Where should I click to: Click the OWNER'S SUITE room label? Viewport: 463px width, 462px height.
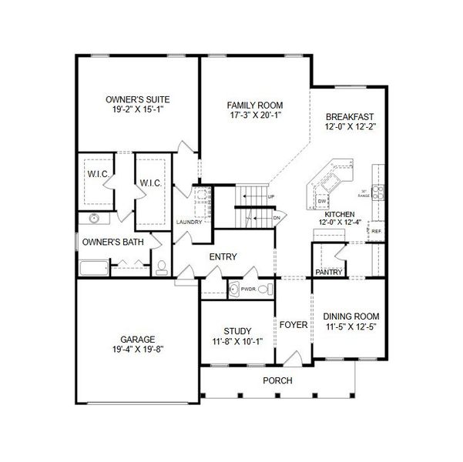pyautogui.click(x=137, y=99)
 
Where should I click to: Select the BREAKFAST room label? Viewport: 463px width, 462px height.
pyautogui.click(x=350, y=115)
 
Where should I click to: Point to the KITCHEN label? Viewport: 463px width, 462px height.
pyautogui.click(x=339, y=213)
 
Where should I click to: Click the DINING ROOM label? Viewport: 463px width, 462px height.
pyautogui.click(x=351, y=316)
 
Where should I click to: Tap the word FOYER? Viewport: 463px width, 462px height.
pyautogui.click(x=294, y=325)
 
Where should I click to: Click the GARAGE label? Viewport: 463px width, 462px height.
pyautogui.click(x=138, y=338)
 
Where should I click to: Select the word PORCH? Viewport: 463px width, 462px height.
pyautogui.click(x=277, y=381)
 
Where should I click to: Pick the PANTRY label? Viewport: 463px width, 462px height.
pyautogui.click(x=329, y=271)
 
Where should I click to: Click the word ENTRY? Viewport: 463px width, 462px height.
pyautogui.click(x=223, y=257)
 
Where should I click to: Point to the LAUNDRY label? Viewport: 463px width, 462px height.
pyautogui.click(x=189, y=222)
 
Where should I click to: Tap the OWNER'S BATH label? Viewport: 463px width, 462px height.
pyautogui.click(x=113, y=243)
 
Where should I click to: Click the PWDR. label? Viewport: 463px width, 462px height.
pyautogui.click(x=248, y=290)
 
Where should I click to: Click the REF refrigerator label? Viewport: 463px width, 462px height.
pyautogui.click(x=377, y=231)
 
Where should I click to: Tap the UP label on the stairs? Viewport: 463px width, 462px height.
pyautogui.click(x=271, y=197)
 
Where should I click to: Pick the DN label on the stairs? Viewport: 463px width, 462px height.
pyautogui.click(x=277, y=218)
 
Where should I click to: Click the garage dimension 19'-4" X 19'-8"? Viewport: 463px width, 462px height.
pyautogui.click(x=138, y=349)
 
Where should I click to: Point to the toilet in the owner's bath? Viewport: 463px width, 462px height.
pyautogui.click(x=162, y=268)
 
